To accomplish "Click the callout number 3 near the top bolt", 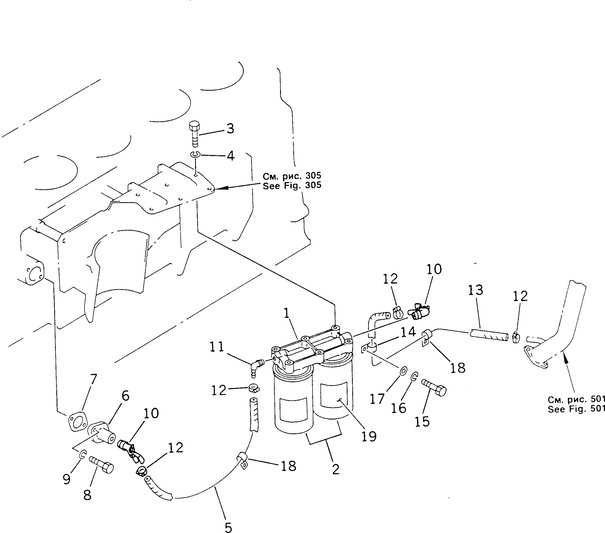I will [230, 129].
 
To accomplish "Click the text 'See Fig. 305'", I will [292, 186].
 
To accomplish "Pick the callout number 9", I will [67, 479].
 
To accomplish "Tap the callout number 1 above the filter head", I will [286, 313].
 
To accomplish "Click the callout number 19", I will [369, 436].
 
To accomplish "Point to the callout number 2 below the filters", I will [336, 469].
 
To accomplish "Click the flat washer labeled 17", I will [403, 370].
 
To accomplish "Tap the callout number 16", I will [398, 409].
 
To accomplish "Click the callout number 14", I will [408, 332].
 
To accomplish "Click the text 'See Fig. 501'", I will [576, 409].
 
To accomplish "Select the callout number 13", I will [475, 290].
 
